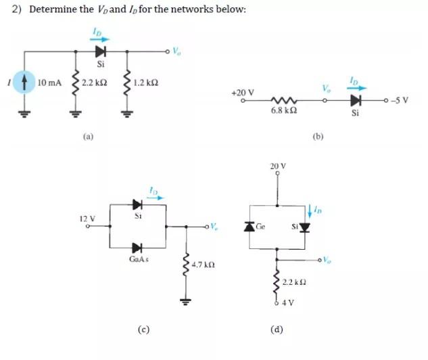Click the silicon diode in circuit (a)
[x=101, y=51]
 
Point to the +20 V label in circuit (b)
[x=242, y=92]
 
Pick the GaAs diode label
[x=139, y=258]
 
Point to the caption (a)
[x=88, y=136]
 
